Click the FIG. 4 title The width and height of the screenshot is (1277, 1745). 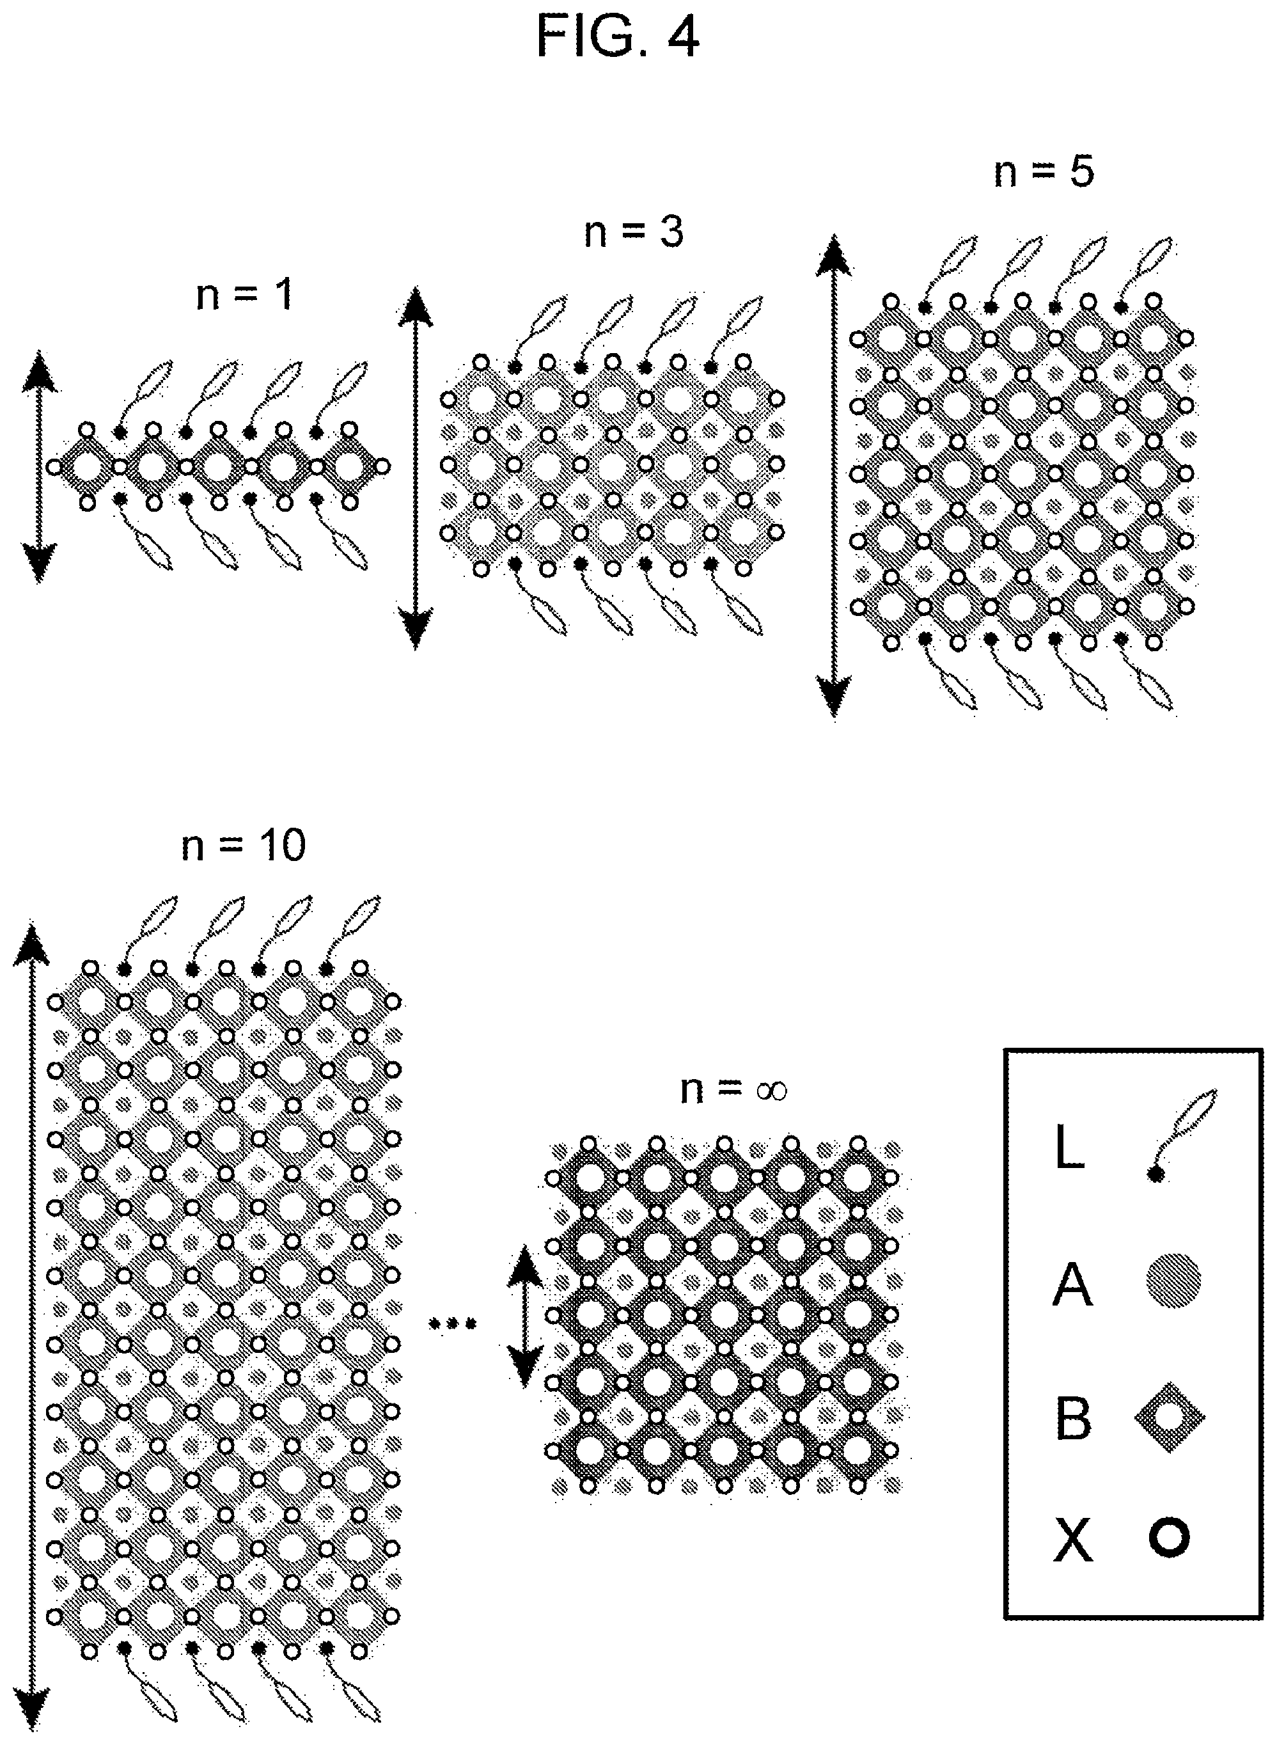[x=618, y=37]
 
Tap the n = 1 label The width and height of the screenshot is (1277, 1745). [x=245, y=296]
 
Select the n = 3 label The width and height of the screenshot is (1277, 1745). [x=634, y=232]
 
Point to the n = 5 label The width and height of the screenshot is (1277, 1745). [x=1044, y=171]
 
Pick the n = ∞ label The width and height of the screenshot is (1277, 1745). [x=733, y=1089]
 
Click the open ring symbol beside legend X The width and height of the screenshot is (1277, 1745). [x=1168, y=1538]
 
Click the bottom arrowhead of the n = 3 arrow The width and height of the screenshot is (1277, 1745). [x=415, y=626]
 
